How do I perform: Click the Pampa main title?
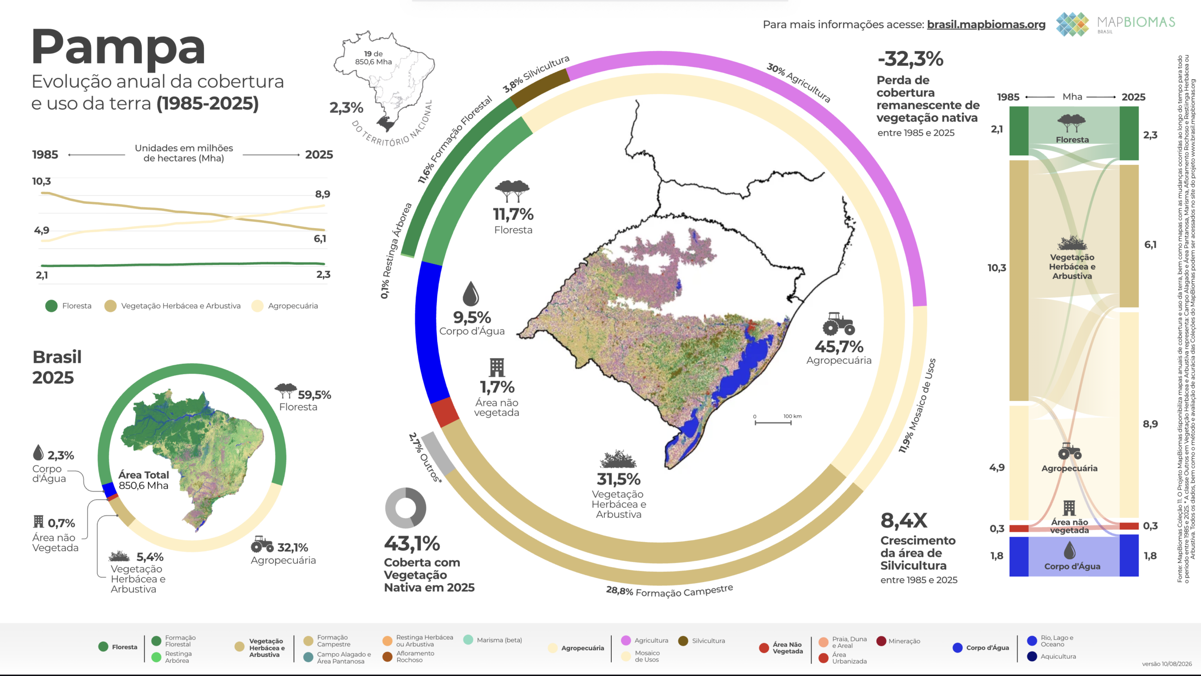tap(118, 48)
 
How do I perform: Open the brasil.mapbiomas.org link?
tap(986, 24)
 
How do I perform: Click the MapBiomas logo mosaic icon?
tap(1072, 24)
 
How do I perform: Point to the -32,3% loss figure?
tap(910, 59)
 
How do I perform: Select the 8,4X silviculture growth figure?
tap(904, 520)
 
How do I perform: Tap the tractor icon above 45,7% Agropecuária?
tap(838, 323)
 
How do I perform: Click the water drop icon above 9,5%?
tap(471, 293)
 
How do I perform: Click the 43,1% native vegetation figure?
tap(412, 544)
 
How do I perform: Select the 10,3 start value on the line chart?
tap(41, 181)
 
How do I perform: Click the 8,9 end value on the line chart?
tap(322, 194)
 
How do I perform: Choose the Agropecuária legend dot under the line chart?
tap(257, 306)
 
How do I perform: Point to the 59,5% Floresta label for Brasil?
tap(305, 400)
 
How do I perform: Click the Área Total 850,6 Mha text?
tap(144, 480)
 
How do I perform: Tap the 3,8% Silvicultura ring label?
tap(536, 74)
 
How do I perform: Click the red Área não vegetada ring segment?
tap(445, 412)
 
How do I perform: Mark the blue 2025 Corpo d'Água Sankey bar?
tap(1129, 555)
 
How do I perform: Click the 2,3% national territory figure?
tap(346, 108)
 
